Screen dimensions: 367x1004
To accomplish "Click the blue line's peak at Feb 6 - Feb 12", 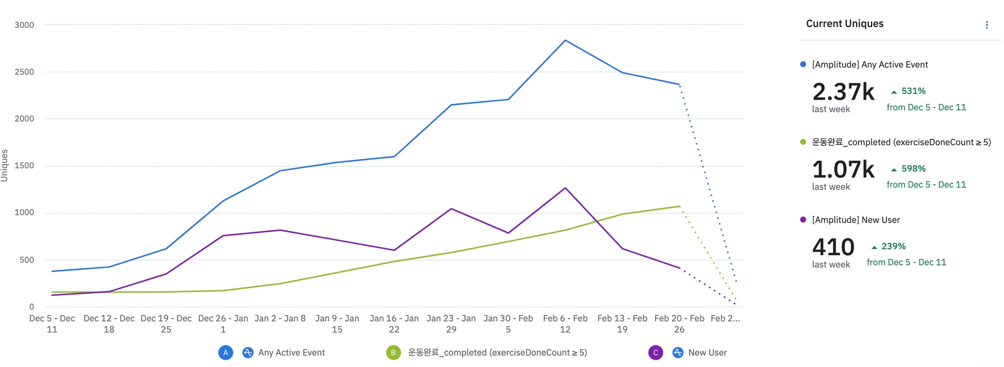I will coord(565,40).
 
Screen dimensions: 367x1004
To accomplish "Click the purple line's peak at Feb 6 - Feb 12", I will coord(565,188).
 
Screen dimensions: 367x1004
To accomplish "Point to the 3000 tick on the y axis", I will coord(24,25).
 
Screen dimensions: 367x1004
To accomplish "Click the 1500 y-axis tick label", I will coord(24,166).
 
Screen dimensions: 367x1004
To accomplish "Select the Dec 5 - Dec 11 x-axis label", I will coord(52,324).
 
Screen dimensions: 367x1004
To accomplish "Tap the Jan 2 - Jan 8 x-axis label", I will coord(280,318).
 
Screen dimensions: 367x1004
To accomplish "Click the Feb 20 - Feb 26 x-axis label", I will coord(679,324).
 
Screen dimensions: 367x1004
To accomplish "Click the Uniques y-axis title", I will coord(5,165).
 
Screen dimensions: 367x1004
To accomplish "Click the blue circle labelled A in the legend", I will coord(226,352).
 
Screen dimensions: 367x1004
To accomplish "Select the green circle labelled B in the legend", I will coord(393,352).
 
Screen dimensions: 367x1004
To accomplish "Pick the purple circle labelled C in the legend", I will coord(655,352).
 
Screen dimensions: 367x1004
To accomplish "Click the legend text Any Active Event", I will coord(291,352).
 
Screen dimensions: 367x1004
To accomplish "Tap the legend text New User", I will coord(707,352).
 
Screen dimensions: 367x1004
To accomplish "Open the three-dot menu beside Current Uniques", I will coord(986,25).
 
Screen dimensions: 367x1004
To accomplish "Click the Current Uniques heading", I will coord(845,24).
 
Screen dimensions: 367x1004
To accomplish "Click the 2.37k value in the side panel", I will coord(843,92).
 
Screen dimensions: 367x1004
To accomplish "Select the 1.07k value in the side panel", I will coord(843,169).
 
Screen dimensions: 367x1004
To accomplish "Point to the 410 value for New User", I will coord(833,247).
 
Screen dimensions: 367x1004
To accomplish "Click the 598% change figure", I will coord(913,168).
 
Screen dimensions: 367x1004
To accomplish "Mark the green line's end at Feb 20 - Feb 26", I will coord(679,206).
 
